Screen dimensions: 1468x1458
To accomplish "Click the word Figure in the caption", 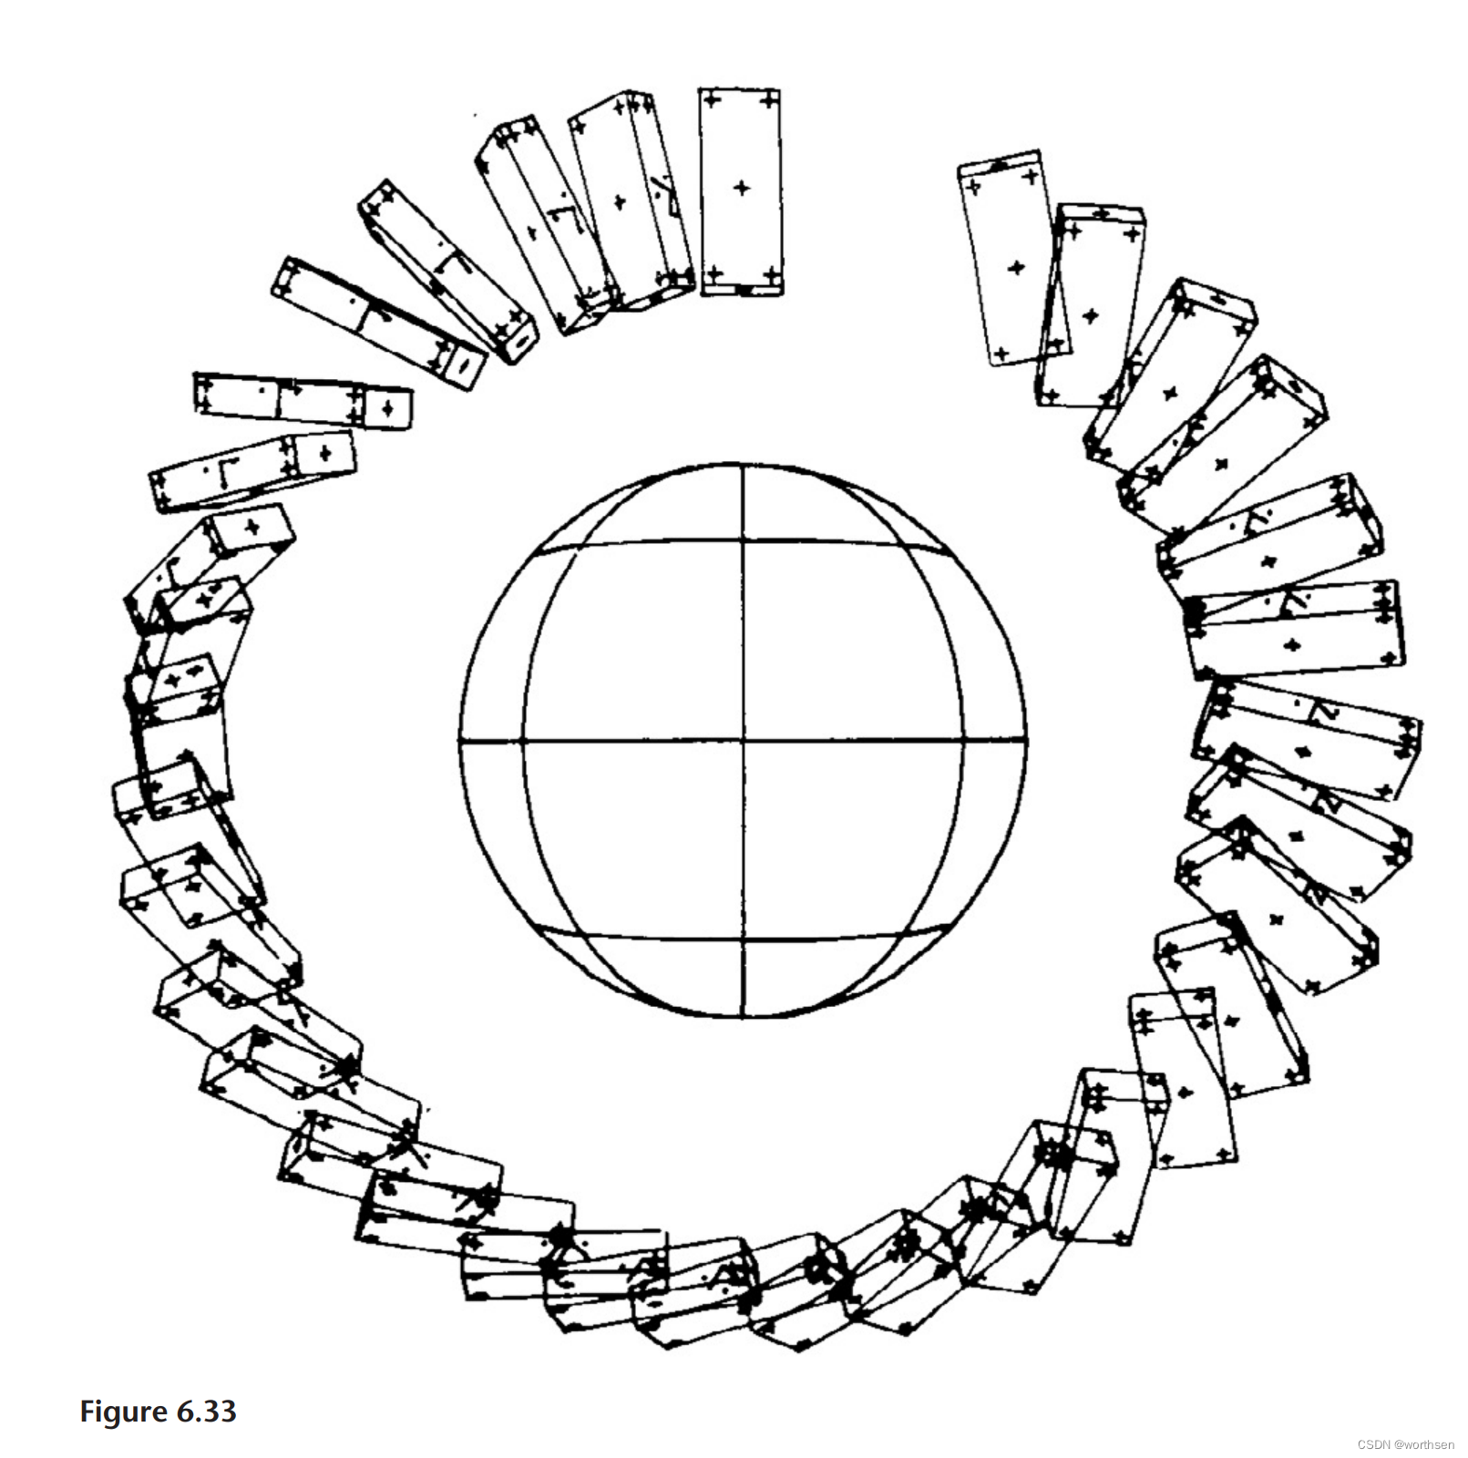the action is (x=124, y=1412).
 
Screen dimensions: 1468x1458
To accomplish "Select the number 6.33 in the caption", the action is (x=207, y=1412).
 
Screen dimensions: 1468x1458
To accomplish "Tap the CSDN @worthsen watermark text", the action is (x=1405, y=1444).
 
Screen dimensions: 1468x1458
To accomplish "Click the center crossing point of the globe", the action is (x=743, y=742).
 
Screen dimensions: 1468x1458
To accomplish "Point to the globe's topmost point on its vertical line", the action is (x=743, y=465).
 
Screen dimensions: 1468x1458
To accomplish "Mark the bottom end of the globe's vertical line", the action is (x=743, y=1016).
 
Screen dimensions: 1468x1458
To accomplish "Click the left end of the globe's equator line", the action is (x=460, y=742).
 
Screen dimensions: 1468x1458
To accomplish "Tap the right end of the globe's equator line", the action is (x=1025, y=742).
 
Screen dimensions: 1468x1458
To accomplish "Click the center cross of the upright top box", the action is (x=742, y=188).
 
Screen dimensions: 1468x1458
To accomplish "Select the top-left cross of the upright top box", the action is (x=713, y=98).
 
